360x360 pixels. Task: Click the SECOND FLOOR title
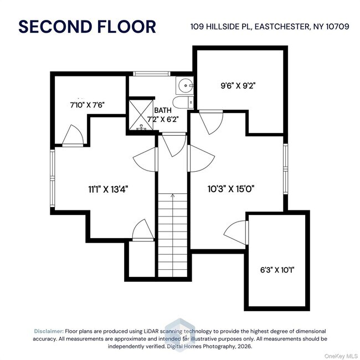(x=87, y=26)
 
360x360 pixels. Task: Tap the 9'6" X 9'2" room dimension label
(x=238, y=86)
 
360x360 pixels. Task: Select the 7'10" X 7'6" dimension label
(x=88, y=104)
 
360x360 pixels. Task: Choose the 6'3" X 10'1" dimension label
(x=277, y=270)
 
